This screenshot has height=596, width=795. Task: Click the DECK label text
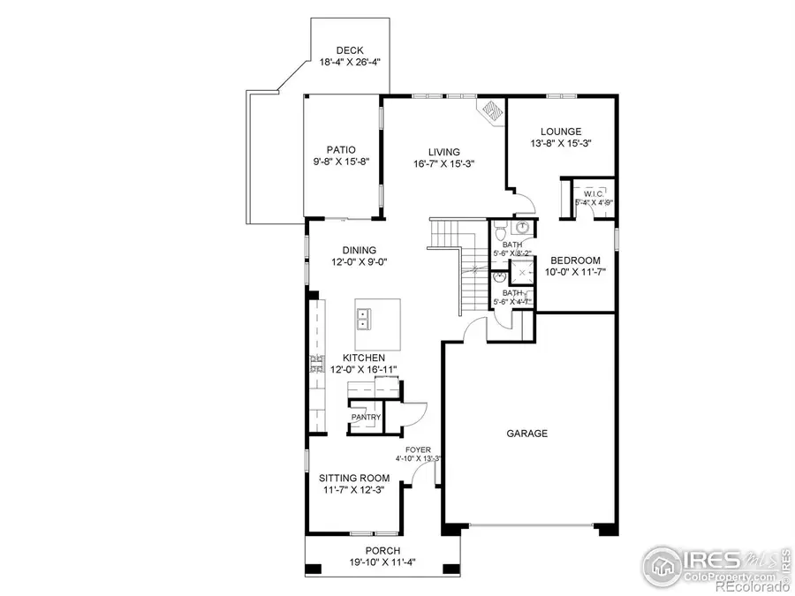(341, 50)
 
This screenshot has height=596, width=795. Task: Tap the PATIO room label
(340, 150)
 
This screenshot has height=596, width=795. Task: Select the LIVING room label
(444, 151)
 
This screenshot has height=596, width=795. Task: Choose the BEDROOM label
(575, 260)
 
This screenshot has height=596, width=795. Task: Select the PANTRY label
(366, 417)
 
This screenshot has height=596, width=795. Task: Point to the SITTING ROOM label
(353, 478)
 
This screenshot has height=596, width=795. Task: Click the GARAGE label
(526, 434)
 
